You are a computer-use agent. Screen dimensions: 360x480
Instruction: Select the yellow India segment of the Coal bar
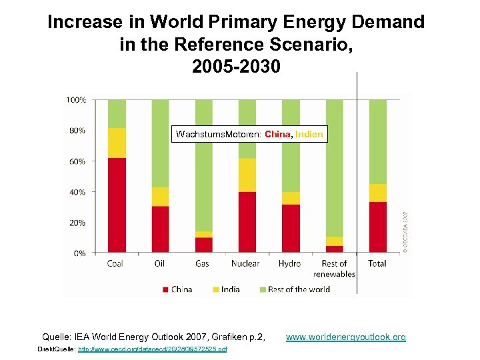coord(117,143)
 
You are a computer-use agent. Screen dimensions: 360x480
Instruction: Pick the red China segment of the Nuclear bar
coord(247,222)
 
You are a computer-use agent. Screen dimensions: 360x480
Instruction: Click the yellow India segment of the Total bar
coord(378,193)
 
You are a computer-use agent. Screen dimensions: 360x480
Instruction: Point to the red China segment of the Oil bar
coord(160,229)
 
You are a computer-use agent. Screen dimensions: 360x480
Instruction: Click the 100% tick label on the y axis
coord(75,100)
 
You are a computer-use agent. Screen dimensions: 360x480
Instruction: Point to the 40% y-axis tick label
coord(77,192)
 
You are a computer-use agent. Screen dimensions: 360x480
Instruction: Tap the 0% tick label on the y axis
coord(79,253)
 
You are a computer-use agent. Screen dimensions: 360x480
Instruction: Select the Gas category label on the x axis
coord(203,264)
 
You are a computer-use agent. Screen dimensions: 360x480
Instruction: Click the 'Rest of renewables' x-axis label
coord(334,269)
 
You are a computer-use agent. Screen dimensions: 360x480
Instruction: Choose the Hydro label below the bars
coord(290,264)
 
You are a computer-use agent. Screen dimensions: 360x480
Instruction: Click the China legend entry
coord(177,289)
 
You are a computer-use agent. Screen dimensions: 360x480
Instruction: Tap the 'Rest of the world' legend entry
coord(293,289)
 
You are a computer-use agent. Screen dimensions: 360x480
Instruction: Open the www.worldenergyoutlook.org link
coord(345,337)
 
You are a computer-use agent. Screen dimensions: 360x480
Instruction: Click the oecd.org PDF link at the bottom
coord(152,349)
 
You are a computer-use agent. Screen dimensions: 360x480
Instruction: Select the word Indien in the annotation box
coord(309,135)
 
